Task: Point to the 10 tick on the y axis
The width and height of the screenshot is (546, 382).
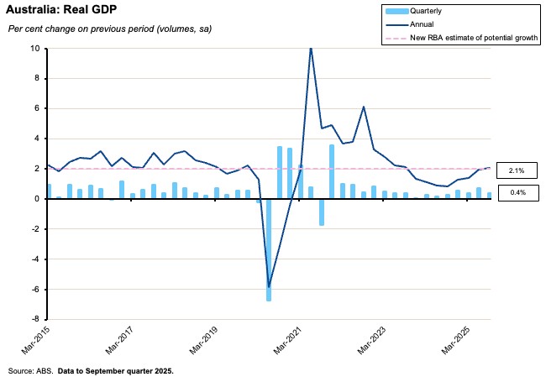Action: point(34,49)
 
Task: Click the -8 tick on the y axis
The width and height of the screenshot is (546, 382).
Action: point(35,320)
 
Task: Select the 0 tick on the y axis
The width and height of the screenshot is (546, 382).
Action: point(36,199)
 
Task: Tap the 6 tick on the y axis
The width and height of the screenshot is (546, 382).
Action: point(36,108)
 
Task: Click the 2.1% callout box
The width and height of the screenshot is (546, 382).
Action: point(517,170)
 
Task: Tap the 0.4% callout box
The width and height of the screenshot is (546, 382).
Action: point(517,193)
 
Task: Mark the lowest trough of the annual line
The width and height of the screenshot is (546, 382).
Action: point(269,286)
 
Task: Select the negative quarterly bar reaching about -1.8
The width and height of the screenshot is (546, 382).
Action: point(321,212)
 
